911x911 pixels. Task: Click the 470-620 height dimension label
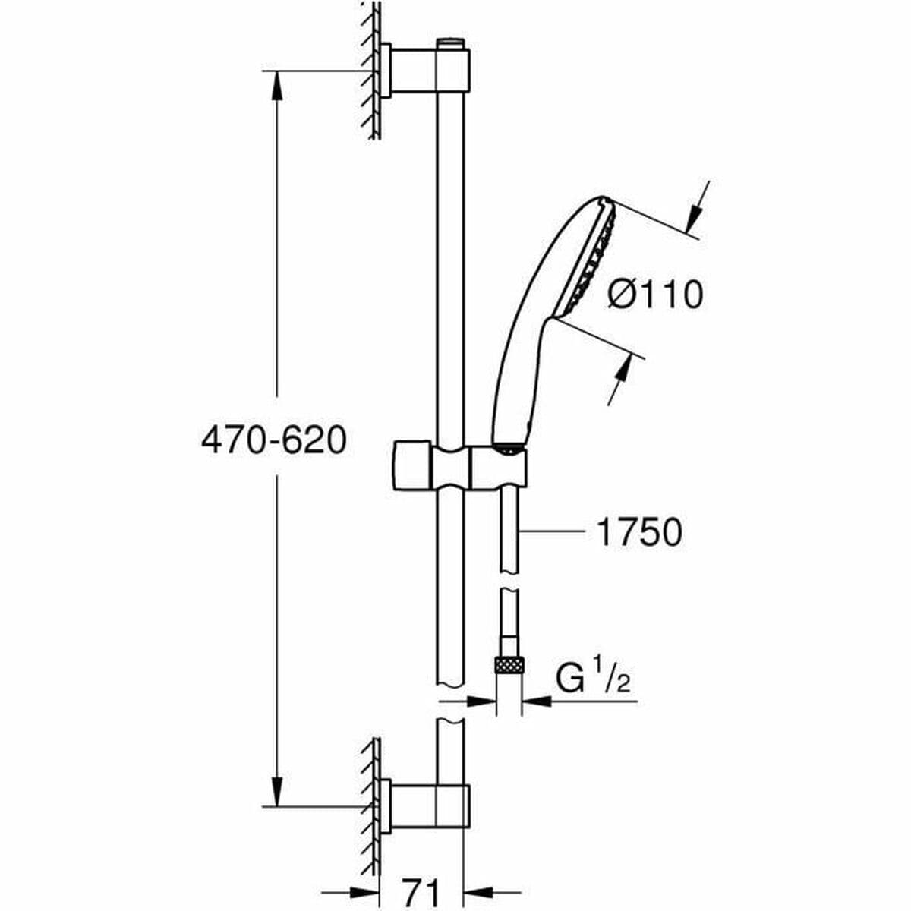[x=273, y=441]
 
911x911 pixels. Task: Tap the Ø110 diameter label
[x=655, y=295]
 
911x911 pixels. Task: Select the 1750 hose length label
[x=638, y=532]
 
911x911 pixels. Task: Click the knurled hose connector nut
[x=508, y=665]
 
